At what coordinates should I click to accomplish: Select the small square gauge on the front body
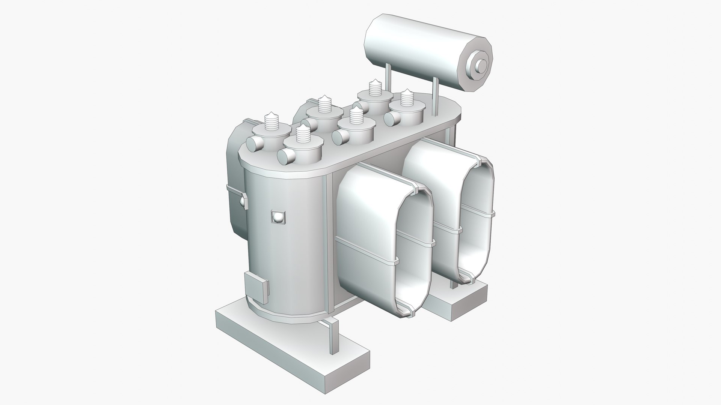(x=278, y=217)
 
